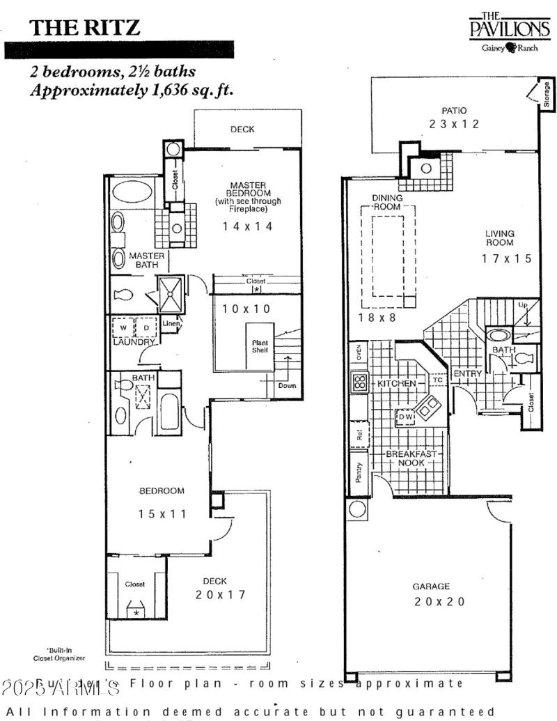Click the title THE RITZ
(84, 27)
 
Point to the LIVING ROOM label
(500, 238)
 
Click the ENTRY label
(467, 374)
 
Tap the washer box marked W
(123, 327)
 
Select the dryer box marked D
(146, 327)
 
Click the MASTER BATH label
(147, 260)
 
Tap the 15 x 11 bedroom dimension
(162, 514)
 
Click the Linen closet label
(171, 323)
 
